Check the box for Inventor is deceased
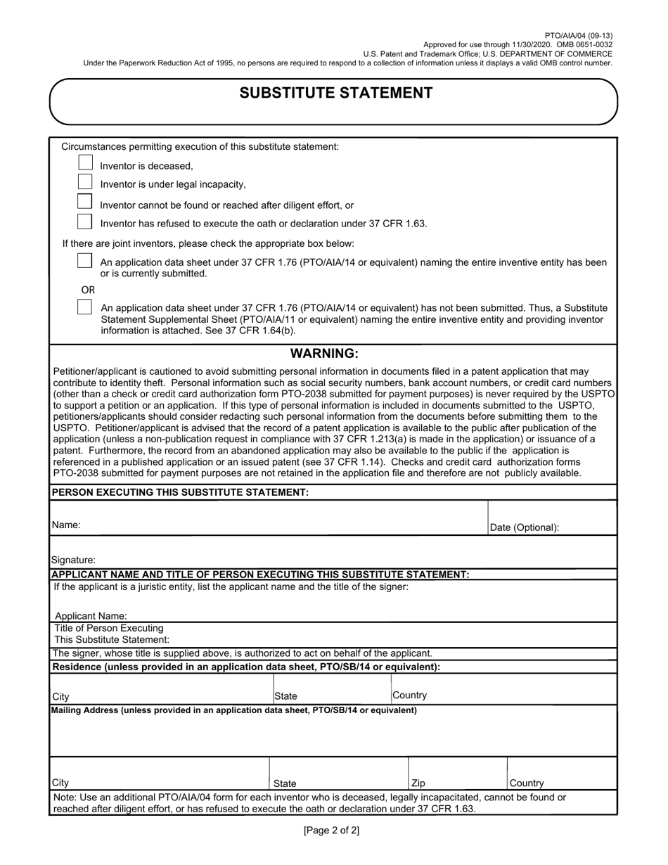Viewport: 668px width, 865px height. pyautogui.click(x=85, y=162)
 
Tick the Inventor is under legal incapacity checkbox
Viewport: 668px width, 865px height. pyautogui.click(x=85, y=181)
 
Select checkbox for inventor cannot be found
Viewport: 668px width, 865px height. pyautogui.click(x=85, y=201)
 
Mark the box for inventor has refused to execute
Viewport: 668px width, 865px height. pyautogui.click(x=85, y=221)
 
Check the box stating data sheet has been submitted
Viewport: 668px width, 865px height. pyautogui.click(x=85, y=261)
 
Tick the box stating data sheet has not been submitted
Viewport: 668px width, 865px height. pyautogui.click(x=85, y=307)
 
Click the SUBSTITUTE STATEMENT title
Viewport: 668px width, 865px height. pyautogui.click(x=336, y=94)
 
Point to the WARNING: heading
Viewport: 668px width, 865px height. pyautogui.click(x=324, y=353)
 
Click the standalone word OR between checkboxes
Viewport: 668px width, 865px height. pyautogui.click(x=88, y=290)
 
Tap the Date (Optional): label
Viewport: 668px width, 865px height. pyautogui.click(x=525, y=527)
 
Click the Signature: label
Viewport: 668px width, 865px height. pyautogui.click(x=73, y=560)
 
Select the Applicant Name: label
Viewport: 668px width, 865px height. pyautogui.click(x=91, y=615)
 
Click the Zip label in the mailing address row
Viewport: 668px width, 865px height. pyautogui.click(x=418, y=783)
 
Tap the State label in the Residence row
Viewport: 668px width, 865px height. pyautogui.click(x=285, y=696)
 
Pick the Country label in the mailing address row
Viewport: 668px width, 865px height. pyautogui.click(x=526, y=783)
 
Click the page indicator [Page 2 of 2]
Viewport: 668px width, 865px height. pyautogui.click(x=331, y=831)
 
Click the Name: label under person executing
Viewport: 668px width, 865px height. pyautogui.click(x=66, y=525)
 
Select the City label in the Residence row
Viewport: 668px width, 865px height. pyautogui.click(x=60, y=696)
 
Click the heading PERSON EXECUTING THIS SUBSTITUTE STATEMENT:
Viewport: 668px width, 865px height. pyautogui.click(x=180, y=492)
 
